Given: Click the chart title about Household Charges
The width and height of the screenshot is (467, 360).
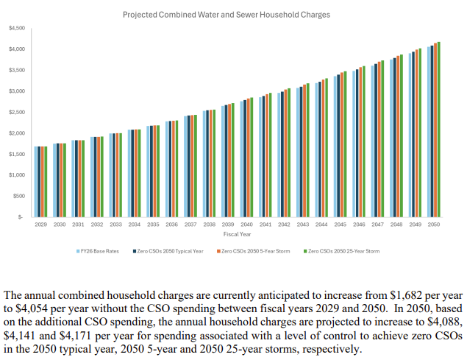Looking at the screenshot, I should (226, 14).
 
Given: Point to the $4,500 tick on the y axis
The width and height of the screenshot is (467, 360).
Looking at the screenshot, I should (17, 28).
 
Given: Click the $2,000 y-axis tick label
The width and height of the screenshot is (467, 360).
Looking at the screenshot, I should (17, 133).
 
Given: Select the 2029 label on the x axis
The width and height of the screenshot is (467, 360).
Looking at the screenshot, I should (41, 224).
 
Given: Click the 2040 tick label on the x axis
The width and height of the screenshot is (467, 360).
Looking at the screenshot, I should (247, 224).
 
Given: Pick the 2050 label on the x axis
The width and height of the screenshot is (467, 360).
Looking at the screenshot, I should (434, 224).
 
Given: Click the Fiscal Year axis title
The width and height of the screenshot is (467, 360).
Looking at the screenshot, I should (237, 234).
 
